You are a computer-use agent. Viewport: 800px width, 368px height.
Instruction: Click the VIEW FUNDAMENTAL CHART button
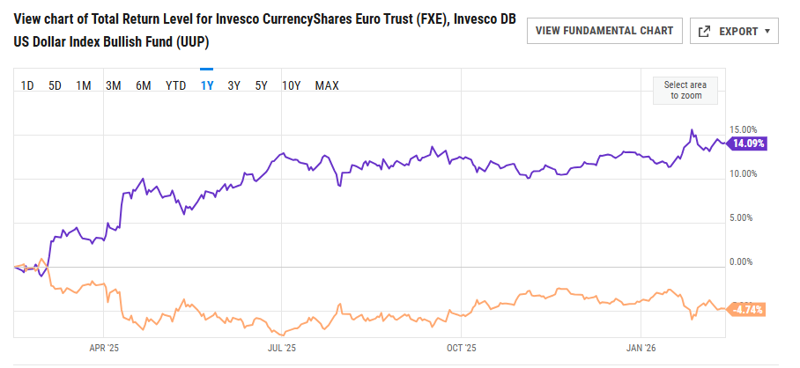coord(604,31)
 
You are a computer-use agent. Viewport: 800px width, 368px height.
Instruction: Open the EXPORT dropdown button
coord(733,31)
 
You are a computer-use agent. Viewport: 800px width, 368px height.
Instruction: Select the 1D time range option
coord(27,85)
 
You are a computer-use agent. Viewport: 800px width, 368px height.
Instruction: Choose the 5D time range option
coord(55,85)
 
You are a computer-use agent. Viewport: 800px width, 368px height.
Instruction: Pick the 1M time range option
coord(84,85)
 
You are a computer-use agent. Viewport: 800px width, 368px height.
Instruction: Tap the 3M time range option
coord(113,85)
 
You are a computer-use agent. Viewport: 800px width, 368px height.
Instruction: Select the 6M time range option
coord(144,85)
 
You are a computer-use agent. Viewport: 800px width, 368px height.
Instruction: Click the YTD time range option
coord(176,85)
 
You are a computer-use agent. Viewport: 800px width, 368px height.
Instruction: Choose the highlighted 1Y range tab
coord(207,85)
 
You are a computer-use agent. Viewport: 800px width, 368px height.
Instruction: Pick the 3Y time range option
coord(233,85)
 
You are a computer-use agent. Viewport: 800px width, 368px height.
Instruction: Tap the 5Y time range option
coord(261,85)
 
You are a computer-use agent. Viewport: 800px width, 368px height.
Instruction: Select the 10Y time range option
coord(292,85)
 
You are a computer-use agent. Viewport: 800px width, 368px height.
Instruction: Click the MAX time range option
coord(327,85)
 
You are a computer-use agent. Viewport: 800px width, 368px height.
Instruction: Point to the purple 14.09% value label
coord(749,144)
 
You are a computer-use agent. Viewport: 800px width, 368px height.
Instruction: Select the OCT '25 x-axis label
coord(462,348)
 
